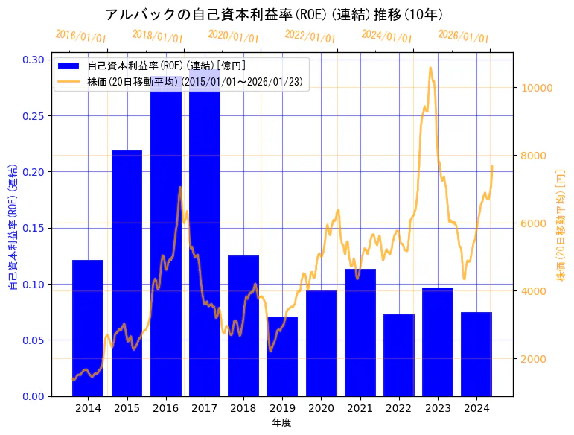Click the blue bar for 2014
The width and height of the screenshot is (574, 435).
pos(88,328)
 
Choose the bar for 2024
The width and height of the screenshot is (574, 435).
pos(476,354)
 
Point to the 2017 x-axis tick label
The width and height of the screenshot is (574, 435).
pos(205,408)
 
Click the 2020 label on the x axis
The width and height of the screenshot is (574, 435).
pos(321,408)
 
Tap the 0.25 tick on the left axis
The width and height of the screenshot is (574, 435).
pos(32,116)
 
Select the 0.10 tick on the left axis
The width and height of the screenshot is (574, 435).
pos(32,285)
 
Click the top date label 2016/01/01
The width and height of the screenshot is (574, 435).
pos(81,36)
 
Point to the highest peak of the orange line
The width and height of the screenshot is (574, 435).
pos(430,68)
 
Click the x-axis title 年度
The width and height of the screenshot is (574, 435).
pos(281,422)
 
